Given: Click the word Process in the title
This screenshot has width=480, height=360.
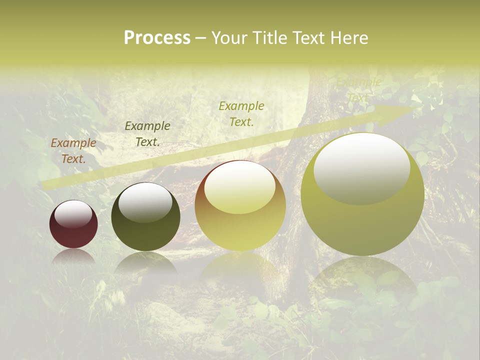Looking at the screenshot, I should (157, 38).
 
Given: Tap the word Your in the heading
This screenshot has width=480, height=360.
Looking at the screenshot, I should (229, 38).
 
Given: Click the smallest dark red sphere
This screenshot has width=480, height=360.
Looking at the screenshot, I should (73, 224).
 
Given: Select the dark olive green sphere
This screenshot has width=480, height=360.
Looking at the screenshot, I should (145, 217).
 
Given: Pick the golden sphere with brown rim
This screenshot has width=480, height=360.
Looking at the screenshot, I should (240, 206).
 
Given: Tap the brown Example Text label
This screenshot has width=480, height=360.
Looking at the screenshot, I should (73, 151).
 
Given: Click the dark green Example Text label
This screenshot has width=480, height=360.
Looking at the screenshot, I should (147, 134).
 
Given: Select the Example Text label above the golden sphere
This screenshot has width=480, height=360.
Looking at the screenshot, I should (241, 114).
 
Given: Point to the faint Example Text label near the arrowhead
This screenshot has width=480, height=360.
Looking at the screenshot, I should (358, 90).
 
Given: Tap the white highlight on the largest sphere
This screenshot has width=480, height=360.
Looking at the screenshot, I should (362, 168).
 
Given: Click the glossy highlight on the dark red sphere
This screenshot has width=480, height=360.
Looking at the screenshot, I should (73, 214).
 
